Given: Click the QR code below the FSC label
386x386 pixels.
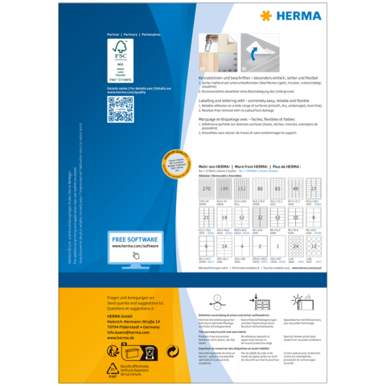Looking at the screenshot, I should [x=121, y=105].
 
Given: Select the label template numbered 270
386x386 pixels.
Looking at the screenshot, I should [x=207, y=189].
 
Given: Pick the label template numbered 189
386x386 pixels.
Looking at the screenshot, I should [x=224, y=189].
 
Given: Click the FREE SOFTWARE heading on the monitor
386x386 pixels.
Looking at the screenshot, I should [x=134, y=240].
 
